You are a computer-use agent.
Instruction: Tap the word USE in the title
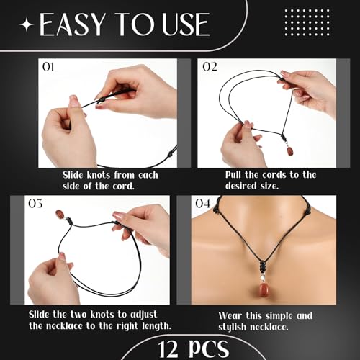[183, 26]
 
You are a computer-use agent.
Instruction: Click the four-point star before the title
[27, 27]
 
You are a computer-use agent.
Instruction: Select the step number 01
[49, 68]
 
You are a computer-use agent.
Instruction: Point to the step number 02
[210, 68]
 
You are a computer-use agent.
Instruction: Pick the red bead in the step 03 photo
[60, 215]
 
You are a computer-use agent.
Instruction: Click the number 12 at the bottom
[144, 348]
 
